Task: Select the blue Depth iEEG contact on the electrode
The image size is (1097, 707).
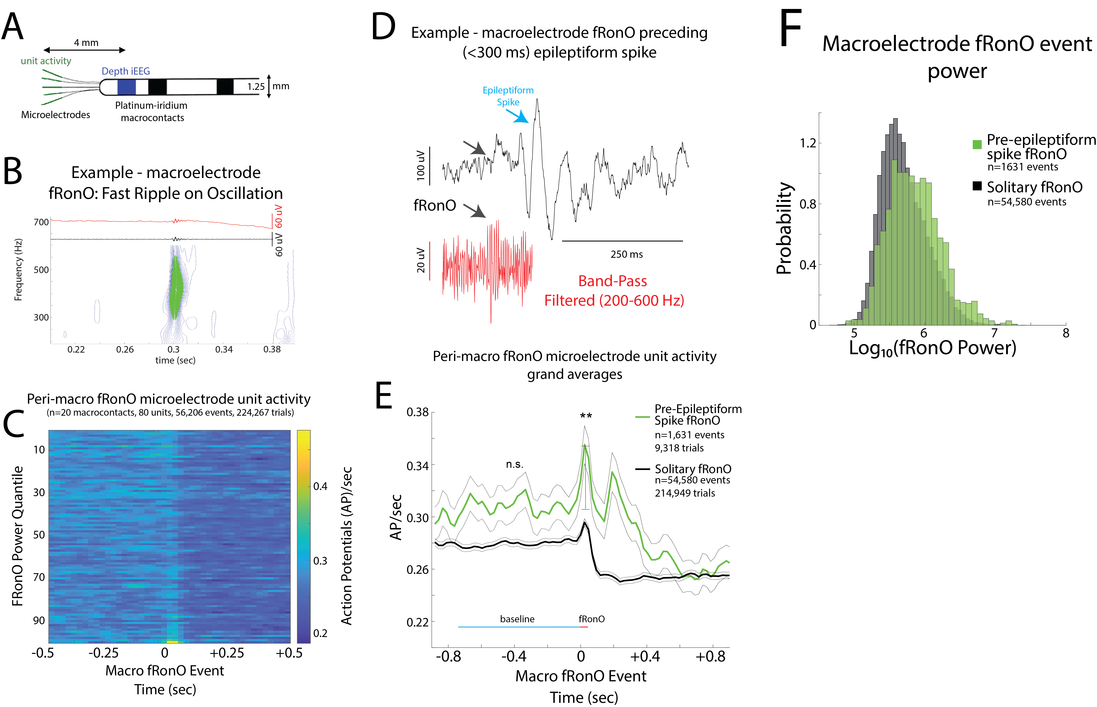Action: pos(126,87)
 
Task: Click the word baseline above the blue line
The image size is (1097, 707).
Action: pos(517,619)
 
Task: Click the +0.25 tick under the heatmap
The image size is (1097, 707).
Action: pos(227,653)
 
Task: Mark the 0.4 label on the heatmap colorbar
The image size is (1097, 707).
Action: pos(320,486)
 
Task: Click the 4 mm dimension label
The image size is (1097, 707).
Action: pos(86,43)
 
